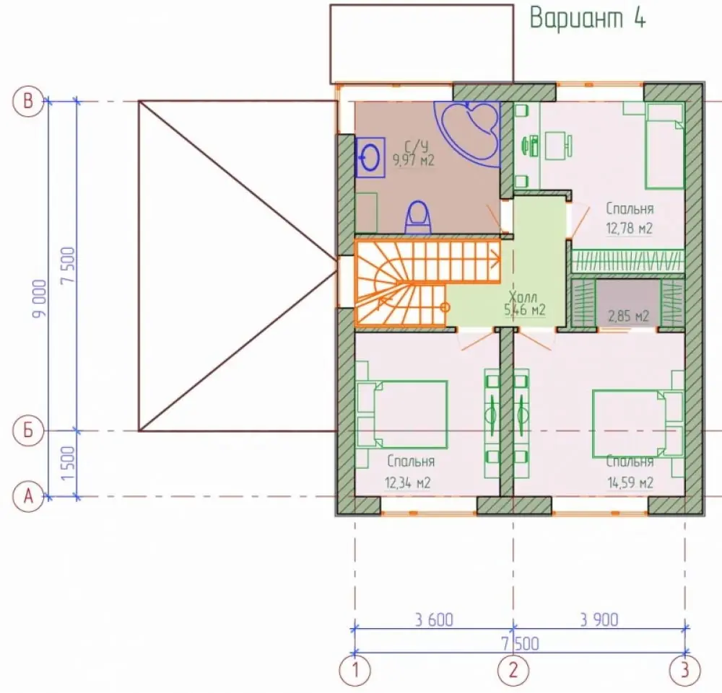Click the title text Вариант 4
[x=588, y=19]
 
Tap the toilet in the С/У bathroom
[x=418, y=218]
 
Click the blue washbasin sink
[x=370, y=157]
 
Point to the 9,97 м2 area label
[x=414, y=160]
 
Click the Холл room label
[x=523, y=296]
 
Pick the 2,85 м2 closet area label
[x=629, y=317]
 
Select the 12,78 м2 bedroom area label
[x=630, y=229]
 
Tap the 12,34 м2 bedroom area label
[x=408, y=483]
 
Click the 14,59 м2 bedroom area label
[x=630, y=483]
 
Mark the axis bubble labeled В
[x=28, y=101]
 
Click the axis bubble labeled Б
[x=28, y=431]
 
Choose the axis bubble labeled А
[x=28, y=497]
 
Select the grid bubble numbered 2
[x=513, y=670]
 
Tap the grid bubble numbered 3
[x=684, y=670]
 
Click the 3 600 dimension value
[x=434, y=620]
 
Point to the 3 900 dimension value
[x=599, y=620]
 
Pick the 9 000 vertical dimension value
[x=40, y=299]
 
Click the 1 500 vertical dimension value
[x=68, y=463]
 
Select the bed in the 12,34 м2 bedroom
[x=402, y=415]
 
